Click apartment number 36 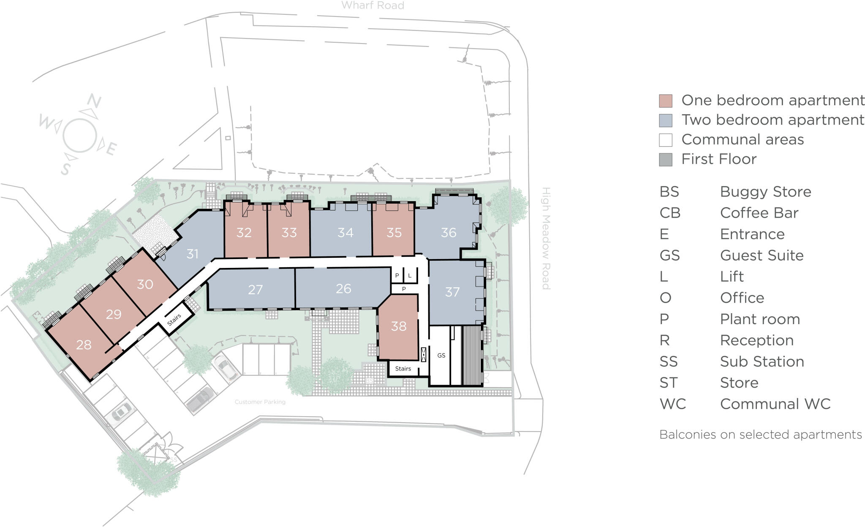(449, 232)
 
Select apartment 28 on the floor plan (84, 345)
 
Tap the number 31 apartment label (193, 254)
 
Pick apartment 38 (399, 326)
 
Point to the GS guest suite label (441, 355)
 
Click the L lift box (410, 276)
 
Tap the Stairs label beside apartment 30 (174, 320)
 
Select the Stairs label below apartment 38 (403, 369)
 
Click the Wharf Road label (373, 5)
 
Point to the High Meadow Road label (546, 238)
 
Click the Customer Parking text (260, 402)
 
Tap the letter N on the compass (93, 101)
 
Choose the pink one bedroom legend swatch (666, 101)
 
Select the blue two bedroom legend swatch (666, 120)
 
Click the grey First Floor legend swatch (666, 160)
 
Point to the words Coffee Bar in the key (759, 213)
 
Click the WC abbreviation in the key (672, 404)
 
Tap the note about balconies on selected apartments (760, 434)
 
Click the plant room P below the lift (404, 289)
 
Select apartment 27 (256, 289)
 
